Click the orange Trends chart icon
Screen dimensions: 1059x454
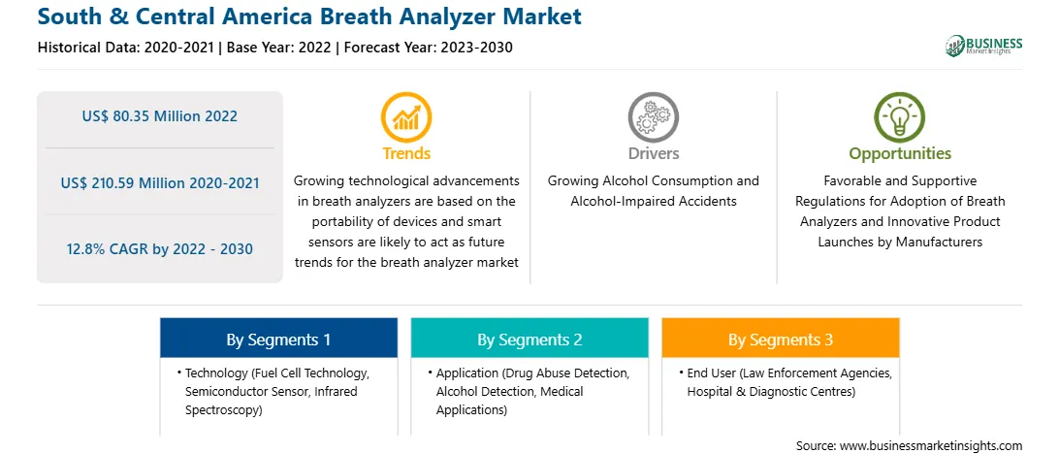pos(406,116)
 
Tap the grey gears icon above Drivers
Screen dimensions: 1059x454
pos(653,116)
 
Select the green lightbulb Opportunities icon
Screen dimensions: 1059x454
pos(900,116)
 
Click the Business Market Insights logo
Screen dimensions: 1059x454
pos(984,46)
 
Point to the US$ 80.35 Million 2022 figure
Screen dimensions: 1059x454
pos(160,116)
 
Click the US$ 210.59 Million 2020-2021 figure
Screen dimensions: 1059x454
pos(160,182)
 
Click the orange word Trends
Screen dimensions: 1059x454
pos(406,153)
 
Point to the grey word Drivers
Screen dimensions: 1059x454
pos(653,153)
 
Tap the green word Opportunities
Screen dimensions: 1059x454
pos(900,153)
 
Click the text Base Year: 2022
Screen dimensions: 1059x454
pos(278,48)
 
